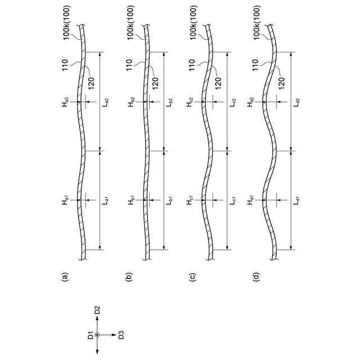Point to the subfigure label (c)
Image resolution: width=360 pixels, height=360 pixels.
pos(192,276)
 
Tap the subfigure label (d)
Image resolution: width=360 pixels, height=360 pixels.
pos(258,276)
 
